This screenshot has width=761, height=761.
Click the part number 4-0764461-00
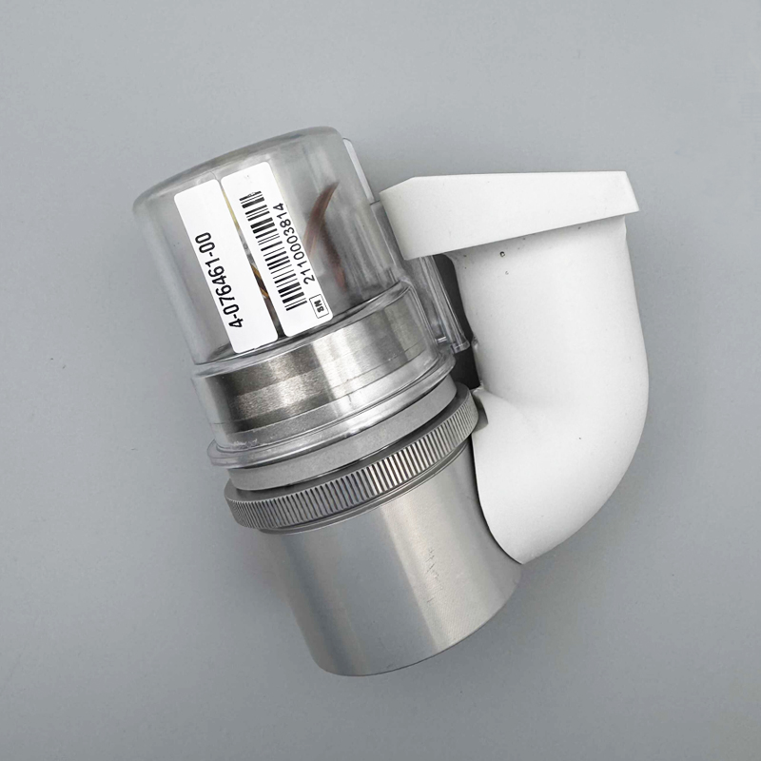(x=223, y=280)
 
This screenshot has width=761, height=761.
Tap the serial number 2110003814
(x=295, y=242)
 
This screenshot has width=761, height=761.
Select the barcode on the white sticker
(x=272, y=250)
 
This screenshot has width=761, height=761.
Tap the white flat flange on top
(x=510, y=208)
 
